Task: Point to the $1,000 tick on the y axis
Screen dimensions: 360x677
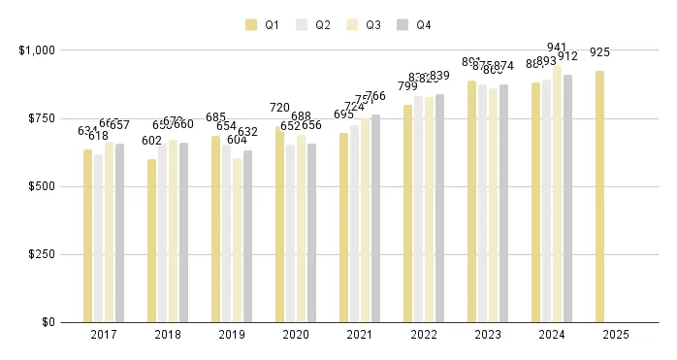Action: [36, 49]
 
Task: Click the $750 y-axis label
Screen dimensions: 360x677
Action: [41, 117]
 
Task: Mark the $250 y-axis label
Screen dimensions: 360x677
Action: [41, 254]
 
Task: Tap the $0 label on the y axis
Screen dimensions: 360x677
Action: [47, 322]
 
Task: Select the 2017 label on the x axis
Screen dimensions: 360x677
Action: [103, 335]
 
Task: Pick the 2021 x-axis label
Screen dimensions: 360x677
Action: [359, 335]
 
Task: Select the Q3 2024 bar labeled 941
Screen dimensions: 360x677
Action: [558, 194]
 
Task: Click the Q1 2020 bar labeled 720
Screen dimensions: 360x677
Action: [280, 224]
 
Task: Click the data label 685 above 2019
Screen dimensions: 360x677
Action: [215, 117]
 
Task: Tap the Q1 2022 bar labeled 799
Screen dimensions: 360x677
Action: [407, 213]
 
